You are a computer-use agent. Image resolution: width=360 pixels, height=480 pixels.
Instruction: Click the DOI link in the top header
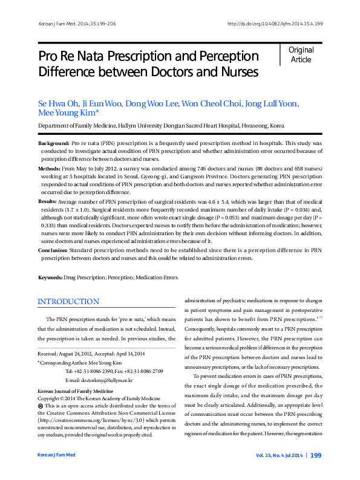[x=274, y=24]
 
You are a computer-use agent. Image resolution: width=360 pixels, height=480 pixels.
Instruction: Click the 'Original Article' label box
[x=301, y=54]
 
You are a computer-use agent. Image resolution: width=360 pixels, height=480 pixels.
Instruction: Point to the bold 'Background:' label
[x=54, y=143]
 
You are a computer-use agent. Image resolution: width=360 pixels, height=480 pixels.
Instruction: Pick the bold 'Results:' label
[x=48, y=201]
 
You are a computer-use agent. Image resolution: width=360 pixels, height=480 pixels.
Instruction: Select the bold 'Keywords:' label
[x=50, y=277]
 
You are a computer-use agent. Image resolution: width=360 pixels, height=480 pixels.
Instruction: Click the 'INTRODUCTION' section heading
[x=68, y=302]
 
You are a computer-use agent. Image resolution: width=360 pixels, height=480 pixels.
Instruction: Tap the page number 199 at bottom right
[x=315, y=472]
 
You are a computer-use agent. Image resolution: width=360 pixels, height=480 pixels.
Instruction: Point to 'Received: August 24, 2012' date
[x=67, y=353]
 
